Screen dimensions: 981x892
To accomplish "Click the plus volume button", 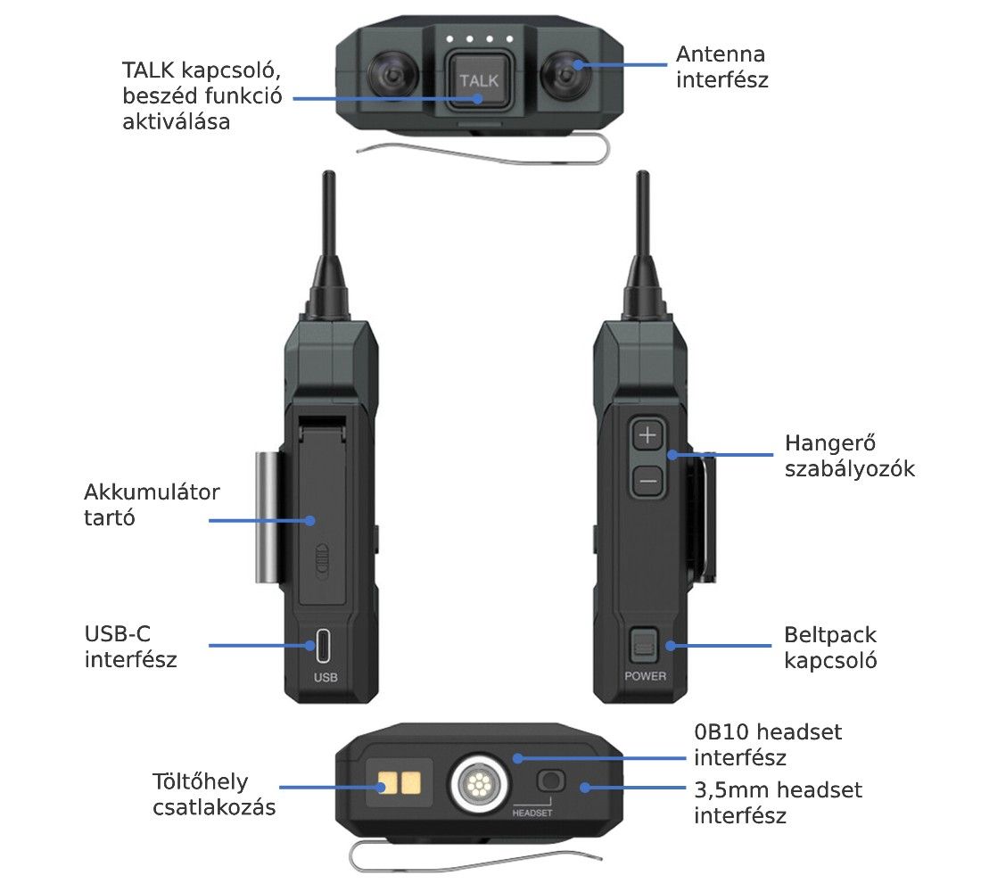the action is [647, 434].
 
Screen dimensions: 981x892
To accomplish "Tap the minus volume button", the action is [647, 481].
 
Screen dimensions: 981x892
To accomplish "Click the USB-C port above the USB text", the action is [324, 646].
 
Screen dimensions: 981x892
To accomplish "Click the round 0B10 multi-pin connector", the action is [479, 783].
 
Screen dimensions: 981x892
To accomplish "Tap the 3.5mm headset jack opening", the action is [550, 780].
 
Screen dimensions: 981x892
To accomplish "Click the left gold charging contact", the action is [387, 782].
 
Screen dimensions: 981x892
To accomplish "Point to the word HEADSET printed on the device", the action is [532, 813].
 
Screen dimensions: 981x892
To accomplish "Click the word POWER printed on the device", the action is [645, 676].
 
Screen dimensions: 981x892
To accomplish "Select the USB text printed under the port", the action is [326, 677].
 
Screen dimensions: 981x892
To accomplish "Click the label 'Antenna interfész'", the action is [722, 67].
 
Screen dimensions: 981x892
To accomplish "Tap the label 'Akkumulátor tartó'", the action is [152, 505].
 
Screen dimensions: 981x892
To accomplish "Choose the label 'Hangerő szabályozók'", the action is [850, 456].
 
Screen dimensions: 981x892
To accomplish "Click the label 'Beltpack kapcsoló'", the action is [830, 648].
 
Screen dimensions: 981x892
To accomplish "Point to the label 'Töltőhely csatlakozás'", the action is [214, 795].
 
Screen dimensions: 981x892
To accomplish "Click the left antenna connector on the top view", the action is [393, 76].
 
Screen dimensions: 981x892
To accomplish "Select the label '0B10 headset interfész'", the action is [768, 744].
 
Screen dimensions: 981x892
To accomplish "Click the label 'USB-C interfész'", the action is [130, 646].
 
